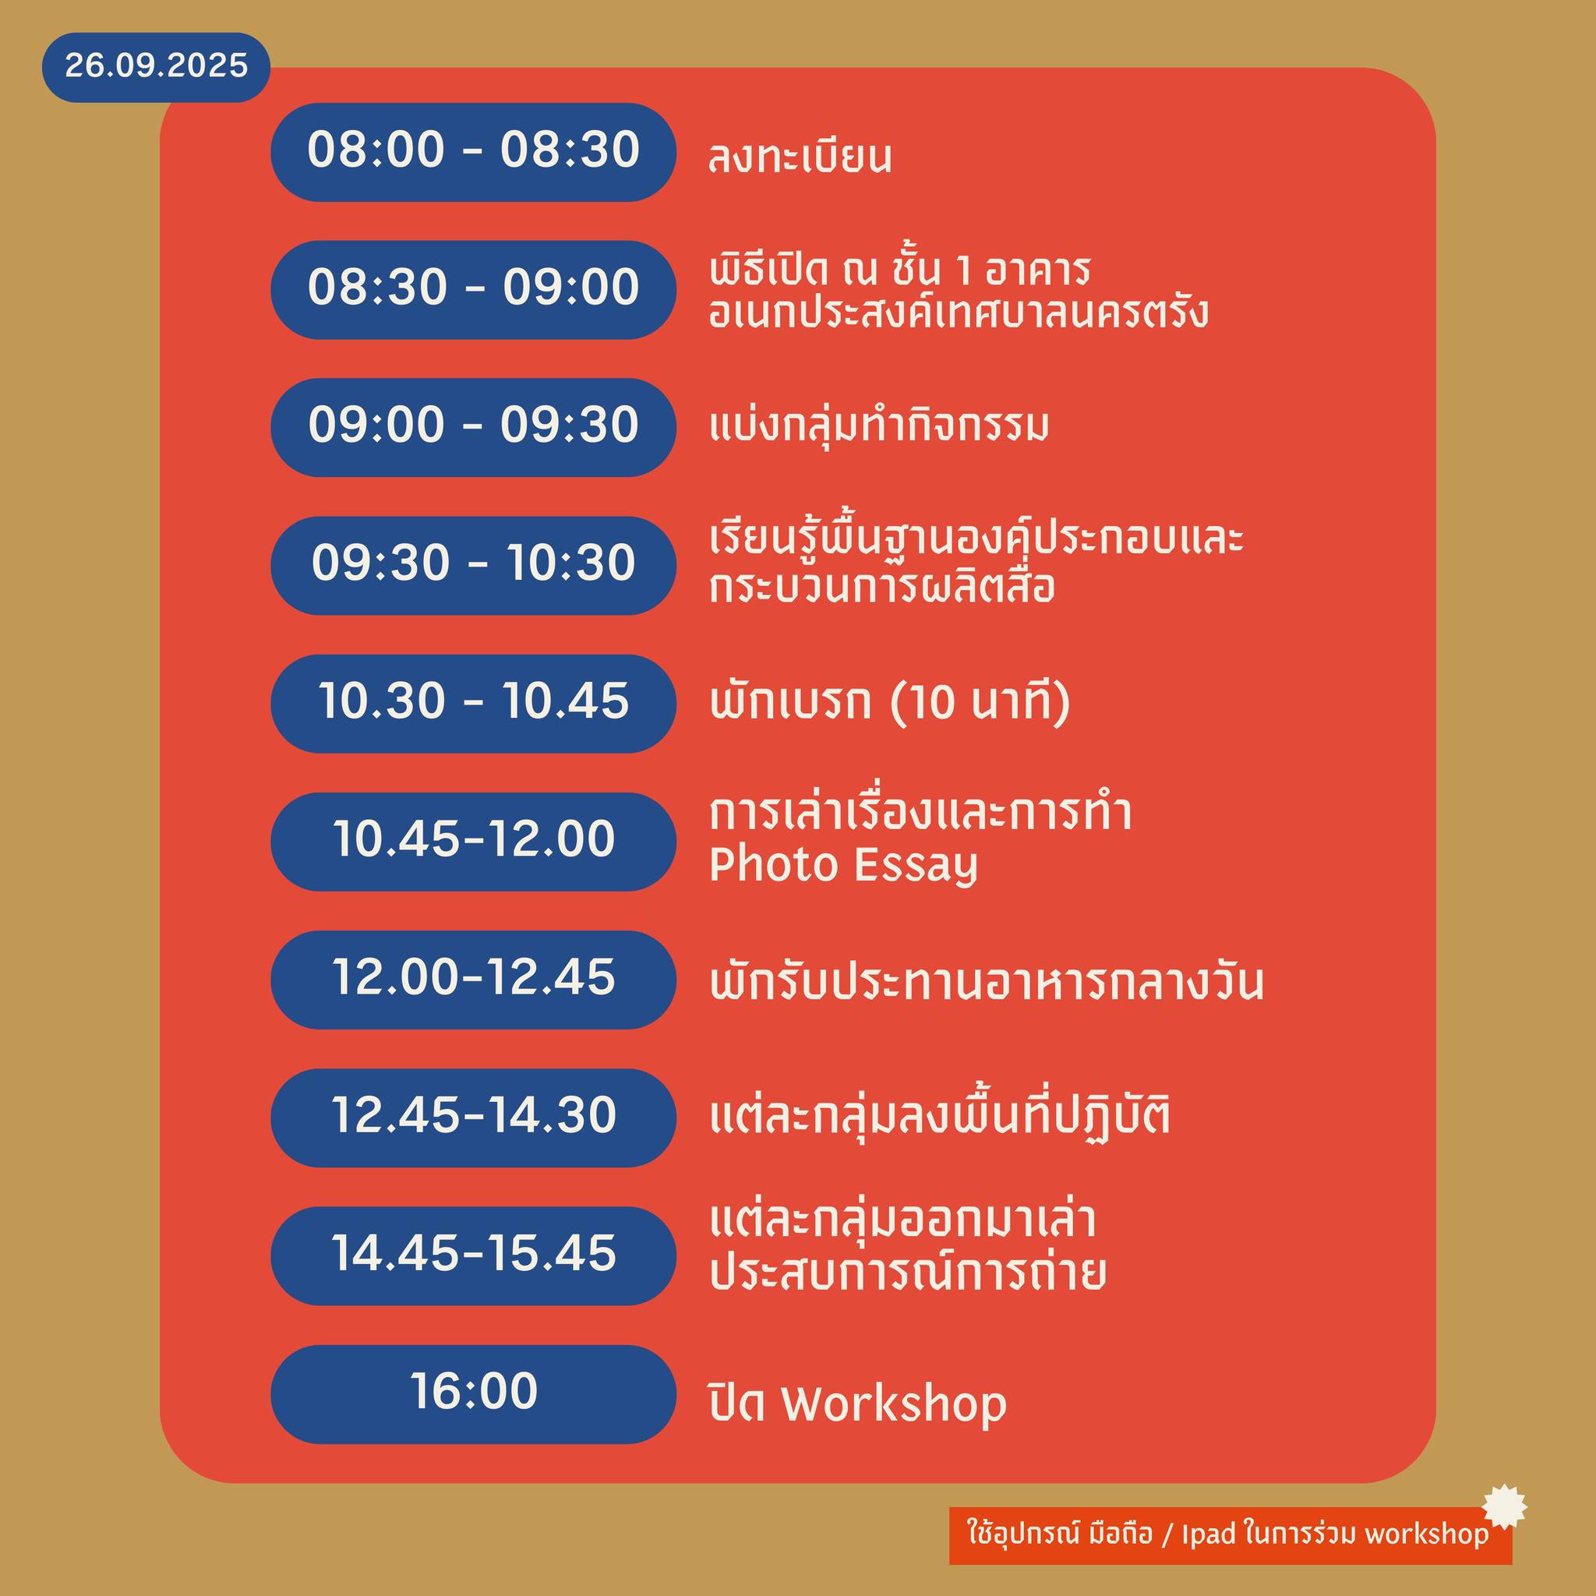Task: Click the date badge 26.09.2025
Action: (156, 67)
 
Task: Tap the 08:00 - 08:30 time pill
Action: (473, 152)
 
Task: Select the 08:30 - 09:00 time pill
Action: (473, 290)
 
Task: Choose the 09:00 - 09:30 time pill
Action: (473, 428)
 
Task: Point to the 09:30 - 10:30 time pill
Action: (473, 566)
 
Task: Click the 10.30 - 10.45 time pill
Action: (473, 704)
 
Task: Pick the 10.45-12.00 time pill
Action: (473, 842)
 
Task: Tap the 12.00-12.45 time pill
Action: (473, 980)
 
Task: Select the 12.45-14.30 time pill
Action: (473, 1118)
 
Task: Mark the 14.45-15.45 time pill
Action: (473, 1255)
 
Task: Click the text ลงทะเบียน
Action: (800, 157)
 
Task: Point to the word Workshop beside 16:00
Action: (894, 1404)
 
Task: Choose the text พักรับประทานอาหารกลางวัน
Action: (987, 981)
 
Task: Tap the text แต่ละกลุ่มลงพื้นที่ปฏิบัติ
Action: (940, 1115)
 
